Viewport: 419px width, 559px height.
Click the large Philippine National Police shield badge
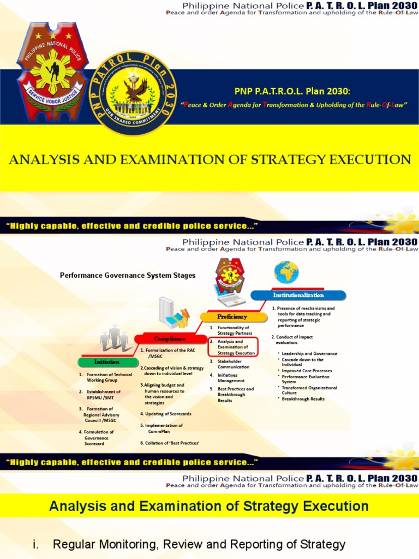point(52,71)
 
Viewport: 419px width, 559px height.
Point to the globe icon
point(286,271)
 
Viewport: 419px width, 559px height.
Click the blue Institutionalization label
point(298,295)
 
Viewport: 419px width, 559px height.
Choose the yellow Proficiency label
point(232,317)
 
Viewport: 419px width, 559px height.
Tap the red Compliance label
point(169,339)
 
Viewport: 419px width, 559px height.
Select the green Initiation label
point(106,361)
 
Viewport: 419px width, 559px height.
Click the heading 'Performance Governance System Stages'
point(128,276)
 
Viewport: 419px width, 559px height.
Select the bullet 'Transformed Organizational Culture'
point(309,390)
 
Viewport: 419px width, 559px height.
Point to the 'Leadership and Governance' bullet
point(309,354)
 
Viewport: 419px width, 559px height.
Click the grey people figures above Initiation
point(114,338)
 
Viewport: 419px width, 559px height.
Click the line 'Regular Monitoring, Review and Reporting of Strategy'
point(199,544)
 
